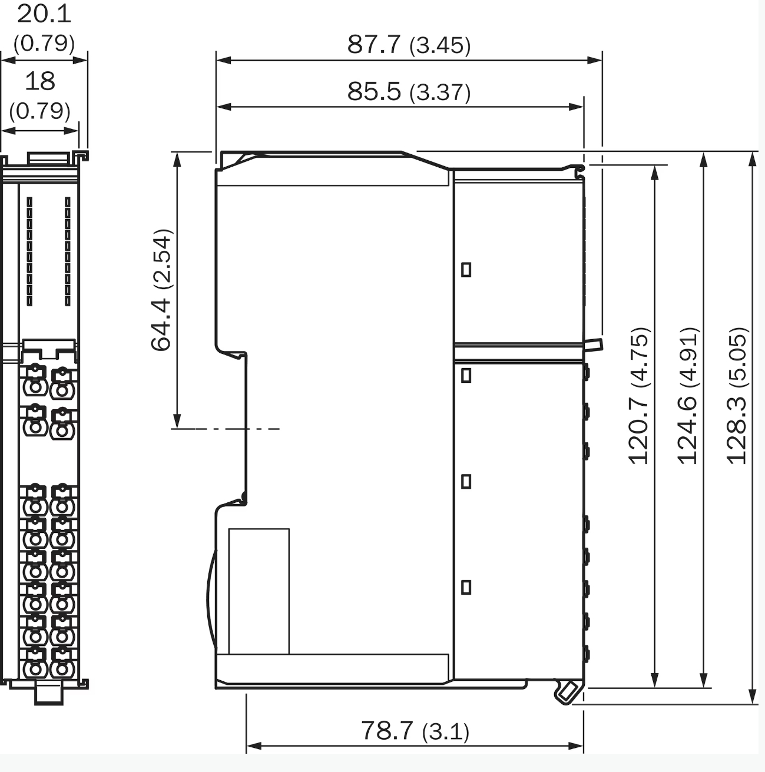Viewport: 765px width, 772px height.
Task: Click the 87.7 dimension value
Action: [x=373, y=44]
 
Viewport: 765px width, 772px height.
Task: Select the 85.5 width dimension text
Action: [x=373, y=91]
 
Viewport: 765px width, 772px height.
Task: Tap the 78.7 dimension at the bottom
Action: [x=387, y=730]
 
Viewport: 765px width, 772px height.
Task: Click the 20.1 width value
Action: [x=44, y=14]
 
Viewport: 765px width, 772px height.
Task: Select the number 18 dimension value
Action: [x=40, y=81]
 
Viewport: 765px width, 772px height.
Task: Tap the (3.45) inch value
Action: [x=440, y=45]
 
